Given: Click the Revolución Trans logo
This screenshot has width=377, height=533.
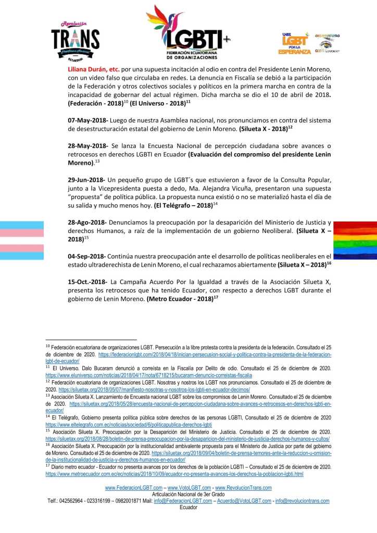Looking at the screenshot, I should click(75, 38).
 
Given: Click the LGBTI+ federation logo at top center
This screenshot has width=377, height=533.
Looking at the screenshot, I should click(187, 32).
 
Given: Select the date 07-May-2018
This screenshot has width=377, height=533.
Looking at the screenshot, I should click(87, 120).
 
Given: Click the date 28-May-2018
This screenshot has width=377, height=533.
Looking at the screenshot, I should click(87, 145).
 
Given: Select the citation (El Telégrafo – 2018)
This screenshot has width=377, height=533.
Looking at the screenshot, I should click(184, 205).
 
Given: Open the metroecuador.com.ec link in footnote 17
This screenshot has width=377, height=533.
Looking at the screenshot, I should click(174, 474).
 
